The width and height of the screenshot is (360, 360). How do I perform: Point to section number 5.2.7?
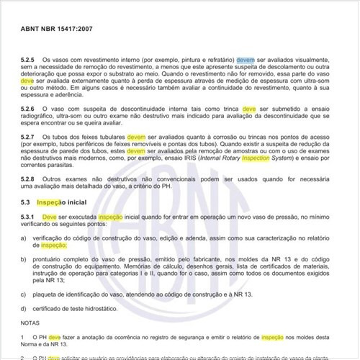29,136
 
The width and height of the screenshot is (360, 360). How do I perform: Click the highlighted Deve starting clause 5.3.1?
50,216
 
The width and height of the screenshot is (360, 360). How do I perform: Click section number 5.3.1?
29,216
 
